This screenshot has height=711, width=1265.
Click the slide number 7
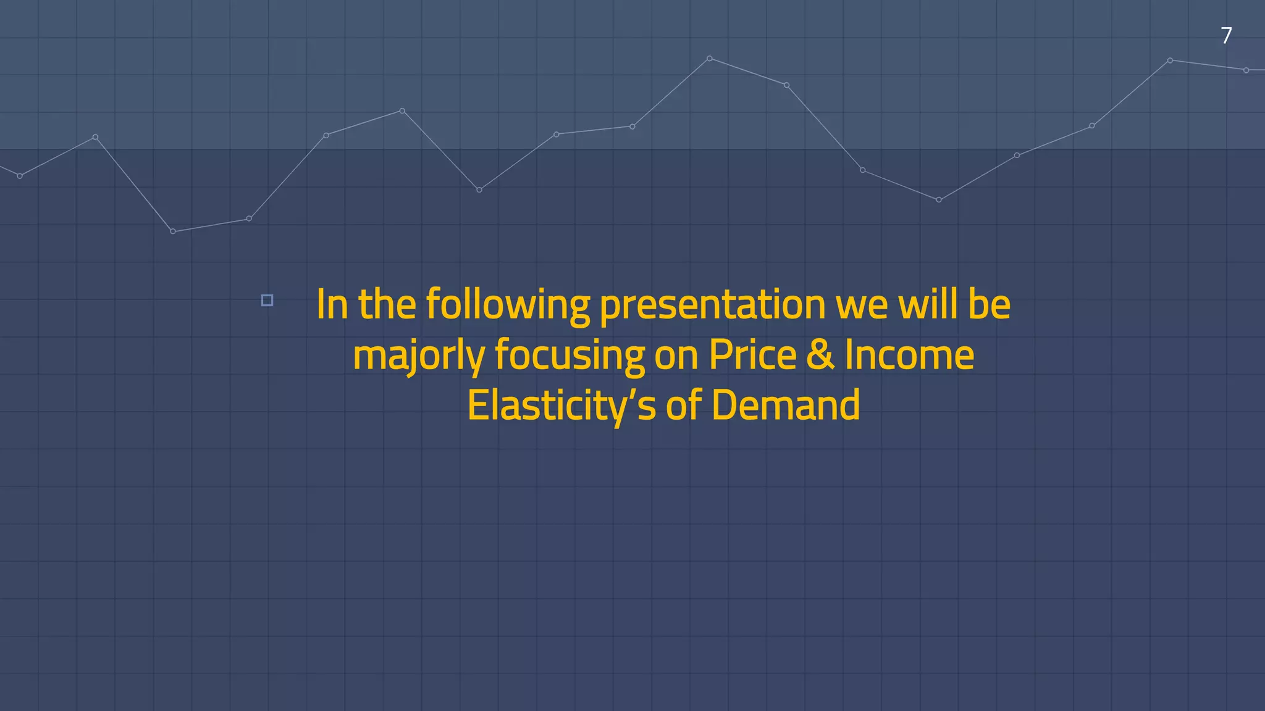point(1226,36)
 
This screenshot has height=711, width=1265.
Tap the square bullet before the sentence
point(267,301)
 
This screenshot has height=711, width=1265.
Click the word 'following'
point(508,305)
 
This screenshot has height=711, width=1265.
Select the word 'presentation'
point(712,305)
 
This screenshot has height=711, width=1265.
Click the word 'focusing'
point(569,356)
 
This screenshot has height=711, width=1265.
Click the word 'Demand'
point(785,405)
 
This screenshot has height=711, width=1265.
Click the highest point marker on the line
point(709,59)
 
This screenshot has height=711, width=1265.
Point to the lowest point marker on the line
point(173,231)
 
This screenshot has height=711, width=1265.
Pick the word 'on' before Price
point(676,356)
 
